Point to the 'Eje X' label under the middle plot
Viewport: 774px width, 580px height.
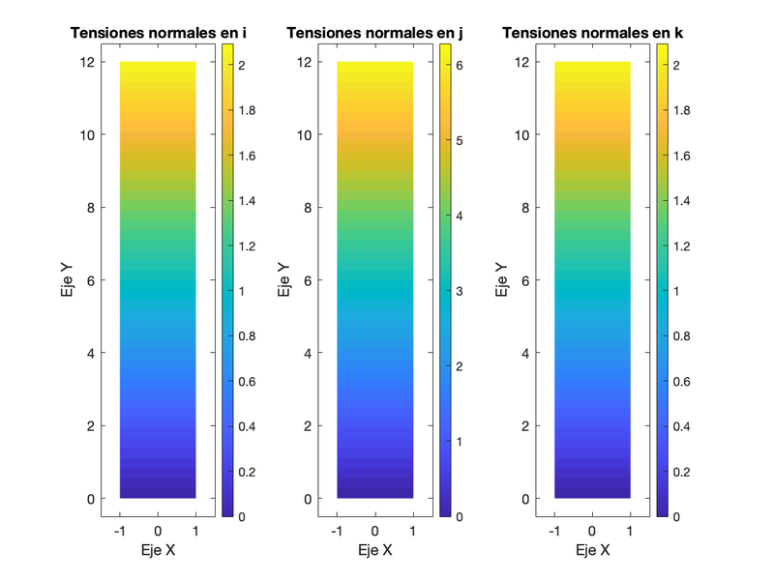click(x=375, y=550)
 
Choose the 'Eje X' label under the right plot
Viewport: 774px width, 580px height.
click(x=592, y=550)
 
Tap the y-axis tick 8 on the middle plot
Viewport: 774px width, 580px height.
click(x=306, y=208)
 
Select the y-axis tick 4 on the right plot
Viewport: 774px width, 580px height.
click(x=523, y=353)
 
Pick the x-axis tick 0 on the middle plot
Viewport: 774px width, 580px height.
click(x=375, y=531)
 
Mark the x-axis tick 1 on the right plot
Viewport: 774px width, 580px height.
click(x=630, y=531)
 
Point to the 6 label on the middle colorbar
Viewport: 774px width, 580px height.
click(x=460, y=66)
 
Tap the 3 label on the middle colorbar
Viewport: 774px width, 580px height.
click(x=460, y=291)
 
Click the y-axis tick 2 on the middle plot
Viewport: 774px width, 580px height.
click(x=306, y=426)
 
